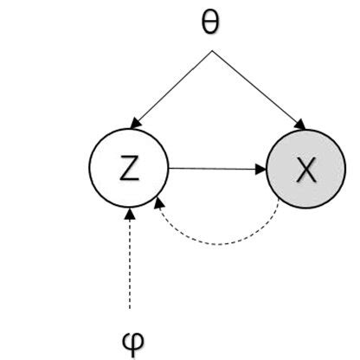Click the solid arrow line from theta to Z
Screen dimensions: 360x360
173,87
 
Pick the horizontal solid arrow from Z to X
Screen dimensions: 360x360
216,169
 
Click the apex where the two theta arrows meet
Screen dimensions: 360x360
210,51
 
